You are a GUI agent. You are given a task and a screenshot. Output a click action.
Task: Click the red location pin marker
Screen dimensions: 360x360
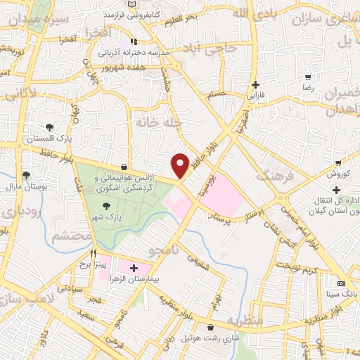click(x=180, y=165)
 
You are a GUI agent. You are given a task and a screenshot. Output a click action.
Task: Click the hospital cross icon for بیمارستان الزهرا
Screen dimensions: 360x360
click(x=134, y=268)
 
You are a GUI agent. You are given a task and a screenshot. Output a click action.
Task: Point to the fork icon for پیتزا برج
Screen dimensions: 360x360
click(x=92, y=252)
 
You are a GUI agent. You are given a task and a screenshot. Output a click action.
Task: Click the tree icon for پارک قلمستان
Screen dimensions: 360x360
click(x=50, y=127)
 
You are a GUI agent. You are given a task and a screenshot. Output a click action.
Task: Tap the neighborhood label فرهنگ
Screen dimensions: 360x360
click(x=275, y=173)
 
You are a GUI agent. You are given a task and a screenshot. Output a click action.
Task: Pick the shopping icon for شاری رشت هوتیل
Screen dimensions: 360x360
click(x=210, y=326)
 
